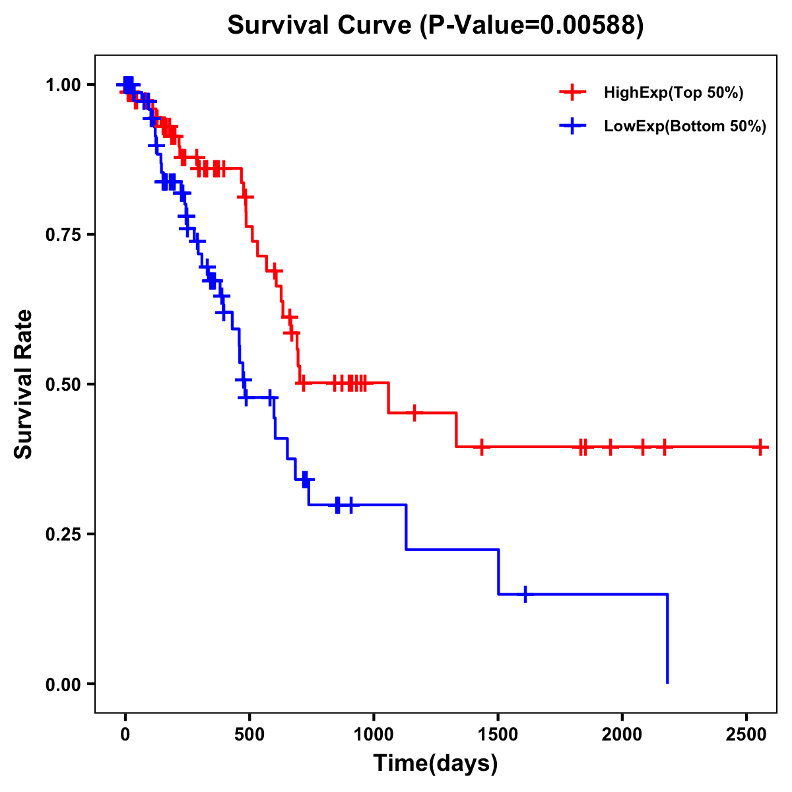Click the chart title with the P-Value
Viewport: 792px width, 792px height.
(x=436, y=25)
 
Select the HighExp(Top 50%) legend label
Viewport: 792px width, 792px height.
(x=673, y=93)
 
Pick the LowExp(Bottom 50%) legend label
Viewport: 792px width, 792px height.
(x=685, y=127)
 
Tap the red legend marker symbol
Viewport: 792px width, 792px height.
(x=573, y=92)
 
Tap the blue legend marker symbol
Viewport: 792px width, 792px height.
(x=573, y=126)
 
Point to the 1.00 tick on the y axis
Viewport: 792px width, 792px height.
(x=63, y=85)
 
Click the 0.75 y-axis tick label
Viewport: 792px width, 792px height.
(x=63, y=235)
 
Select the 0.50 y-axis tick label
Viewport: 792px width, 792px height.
(x=63, y=385)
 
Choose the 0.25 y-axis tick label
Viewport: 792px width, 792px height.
(x=63, y=535)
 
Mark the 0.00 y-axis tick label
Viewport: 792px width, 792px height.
(x=63, y=684)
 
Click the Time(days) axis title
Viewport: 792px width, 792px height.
(x=436, y=764)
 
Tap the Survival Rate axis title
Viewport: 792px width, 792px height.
(x=24, y=384)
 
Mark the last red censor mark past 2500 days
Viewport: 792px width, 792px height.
(x=760, y=447)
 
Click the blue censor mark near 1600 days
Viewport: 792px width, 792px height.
(x=525, y=594)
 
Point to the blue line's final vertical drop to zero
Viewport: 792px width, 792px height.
(x=667, y=639)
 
